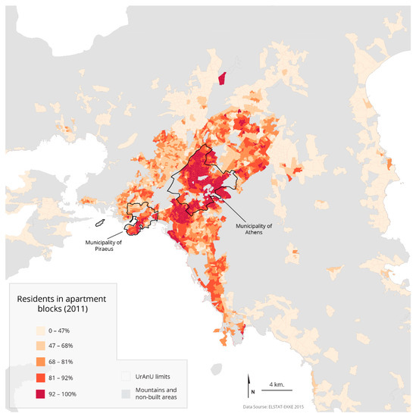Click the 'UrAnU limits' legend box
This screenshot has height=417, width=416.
127,375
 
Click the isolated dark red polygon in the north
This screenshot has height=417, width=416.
222,79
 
